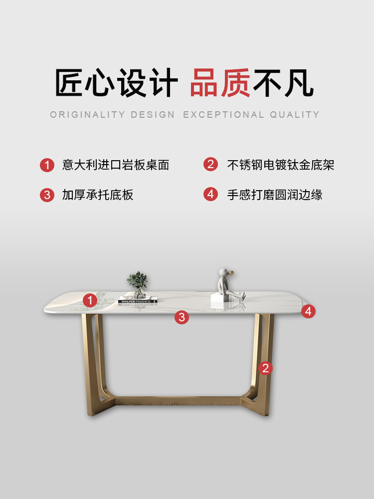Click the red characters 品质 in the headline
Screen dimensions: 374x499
click(x=220, y=83)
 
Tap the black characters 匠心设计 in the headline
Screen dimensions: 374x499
click(x=116, y=83)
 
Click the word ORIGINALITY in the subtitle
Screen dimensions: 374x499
click(x=87, y=115)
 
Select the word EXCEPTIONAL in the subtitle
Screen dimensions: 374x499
click(x=223, y=115)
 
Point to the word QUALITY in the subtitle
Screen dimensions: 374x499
click(x=295, y=115)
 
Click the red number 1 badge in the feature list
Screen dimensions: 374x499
click(x=47, y=165)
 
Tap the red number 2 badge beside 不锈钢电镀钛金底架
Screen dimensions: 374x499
click(x=210, y=164)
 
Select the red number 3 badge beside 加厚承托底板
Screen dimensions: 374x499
click(x=47, y=195)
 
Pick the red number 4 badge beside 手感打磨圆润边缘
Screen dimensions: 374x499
click(x=210, y=194)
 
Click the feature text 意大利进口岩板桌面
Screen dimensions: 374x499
click(x=116, y=165)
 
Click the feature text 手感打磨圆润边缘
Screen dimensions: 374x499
click(x=275, y=195)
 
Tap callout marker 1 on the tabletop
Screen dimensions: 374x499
click(x=90, y=300)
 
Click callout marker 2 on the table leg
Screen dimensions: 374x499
click(x=266, y=368)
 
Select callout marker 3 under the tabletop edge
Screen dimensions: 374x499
click(x=182, y=317)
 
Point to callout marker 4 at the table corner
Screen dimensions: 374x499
click(x=308, y=311)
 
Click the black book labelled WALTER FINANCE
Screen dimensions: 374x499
click(x=138, y=300)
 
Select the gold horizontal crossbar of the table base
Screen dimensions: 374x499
click(x=178, y=401)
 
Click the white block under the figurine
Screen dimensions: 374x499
click(x=219, y=298)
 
